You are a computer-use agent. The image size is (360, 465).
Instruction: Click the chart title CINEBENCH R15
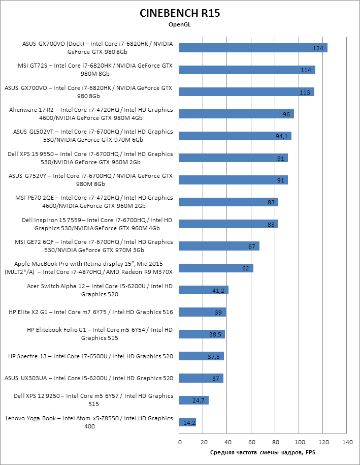(x=180, y=14)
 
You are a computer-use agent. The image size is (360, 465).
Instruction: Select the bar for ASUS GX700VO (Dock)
(x=253, y=48)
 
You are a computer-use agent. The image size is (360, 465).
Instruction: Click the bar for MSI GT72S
(x=247, y=70)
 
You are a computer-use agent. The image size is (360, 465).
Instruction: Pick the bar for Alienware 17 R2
(x=237, y=114)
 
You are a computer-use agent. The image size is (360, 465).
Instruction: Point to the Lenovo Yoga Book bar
(x=187, y=422)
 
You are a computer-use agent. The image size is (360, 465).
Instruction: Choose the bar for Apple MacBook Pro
(x=216, y=268)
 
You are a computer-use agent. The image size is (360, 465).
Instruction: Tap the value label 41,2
(x=218, y=290)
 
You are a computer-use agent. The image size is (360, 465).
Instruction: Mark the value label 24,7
(x=199, y=400)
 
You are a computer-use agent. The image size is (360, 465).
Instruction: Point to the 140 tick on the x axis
(x=348, y=442)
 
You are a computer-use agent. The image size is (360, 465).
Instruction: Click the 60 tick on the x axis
(x=252, y=442)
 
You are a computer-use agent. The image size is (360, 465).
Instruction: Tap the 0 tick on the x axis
(x=180, y=442)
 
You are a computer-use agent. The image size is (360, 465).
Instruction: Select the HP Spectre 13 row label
(x=90, y=356)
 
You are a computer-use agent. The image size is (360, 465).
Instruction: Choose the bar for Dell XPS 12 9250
(x=194, y=400)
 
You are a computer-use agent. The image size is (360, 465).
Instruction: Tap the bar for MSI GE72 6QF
(x=219, y=246)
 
